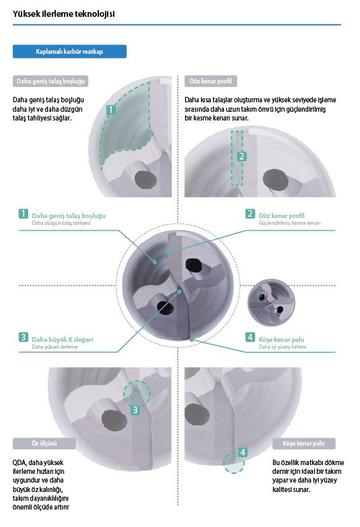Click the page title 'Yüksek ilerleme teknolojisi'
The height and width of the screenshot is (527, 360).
pos(63,13)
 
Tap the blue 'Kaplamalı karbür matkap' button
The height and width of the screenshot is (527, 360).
pos(69,51)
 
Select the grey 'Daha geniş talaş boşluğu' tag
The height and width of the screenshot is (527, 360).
pos(50,81)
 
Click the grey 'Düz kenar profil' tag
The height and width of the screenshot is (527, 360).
pos(211,81)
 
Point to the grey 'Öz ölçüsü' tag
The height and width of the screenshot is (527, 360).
pos(44,444)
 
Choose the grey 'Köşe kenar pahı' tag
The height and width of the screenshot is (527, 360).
pos(304,444)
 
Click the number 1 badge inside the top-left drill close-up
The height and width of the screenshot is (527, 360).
pos(110,110)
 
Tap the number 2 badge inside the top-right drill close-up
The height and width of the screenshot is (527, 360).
pos(242,156)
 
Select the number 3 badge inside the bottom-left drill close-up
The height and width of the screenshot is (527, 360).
pos(135,410)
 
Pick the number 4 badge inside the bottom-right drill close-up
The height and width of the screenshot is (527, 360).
pos(243,452)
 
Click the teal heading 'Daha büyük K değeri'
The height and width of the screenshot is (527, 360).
pos(62,339)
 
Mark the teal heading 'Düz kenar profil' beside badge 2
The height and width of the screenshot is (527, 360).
pos(282,215)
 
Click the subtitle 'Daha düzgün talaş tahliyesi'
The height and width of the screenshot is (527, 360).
pos(61,223)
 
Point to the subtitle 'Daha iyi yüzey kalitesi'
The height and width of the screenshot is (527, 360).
pos(283,347)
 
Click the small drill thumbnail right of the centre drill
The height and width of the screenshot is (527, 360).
pos(271,302)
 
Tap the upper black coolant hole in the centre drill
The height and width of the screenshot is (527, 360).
pos(193,265)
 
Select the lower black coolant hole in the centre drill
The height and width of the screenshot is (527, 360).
pos(165,308)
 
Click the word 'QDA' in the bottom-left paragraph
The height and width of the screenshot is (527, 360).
pos(19,462)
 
